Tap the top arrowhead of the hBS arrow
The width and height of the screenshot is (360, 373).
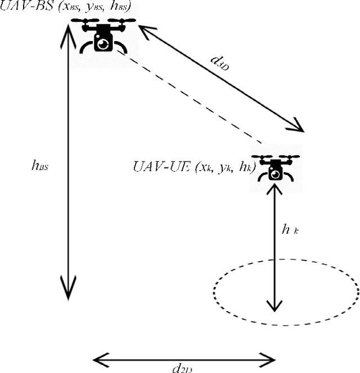point(67,30)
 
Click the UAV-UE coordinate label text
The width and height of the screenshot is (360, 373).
point(194,167)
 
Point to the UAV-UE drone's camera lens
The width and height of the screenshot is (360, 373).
point(275,174)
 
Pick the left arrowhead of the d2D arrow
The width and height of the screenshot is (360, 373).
point(98,358)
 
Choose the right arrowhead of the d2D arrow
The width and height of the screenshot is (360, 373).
point(270,358)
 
